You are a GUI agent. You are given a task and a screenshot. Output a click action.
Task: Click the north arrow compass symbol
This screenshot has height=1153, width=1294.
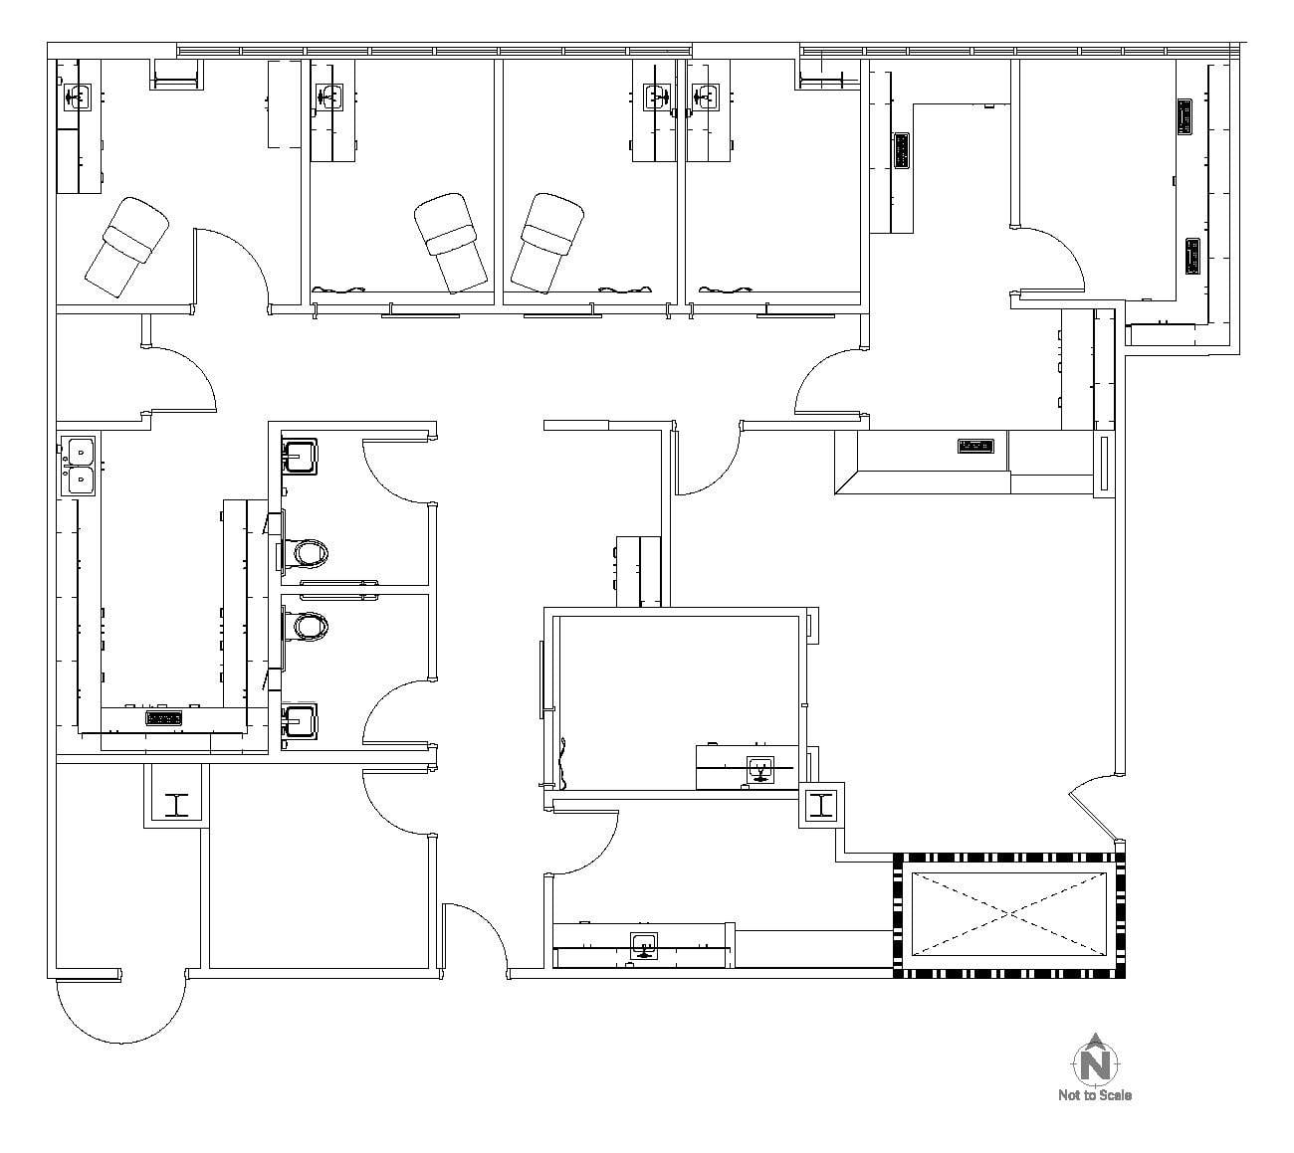(1094, 1059)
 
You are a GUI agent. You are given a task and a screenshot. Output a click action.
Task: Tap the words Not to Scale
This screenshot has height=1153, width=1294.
(1094, 1095)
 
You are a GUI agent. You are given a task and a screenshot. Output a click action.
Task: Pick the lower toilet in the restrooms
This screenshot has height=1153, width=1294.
(308, 626)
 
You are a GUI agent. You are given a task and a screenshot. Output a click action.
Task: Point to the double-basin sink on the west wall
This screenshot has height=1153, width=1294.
(78, 466)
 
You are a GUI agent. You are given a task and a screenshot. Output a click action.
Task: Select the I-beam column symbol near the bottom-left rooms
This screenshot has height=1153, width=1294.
(176, 804)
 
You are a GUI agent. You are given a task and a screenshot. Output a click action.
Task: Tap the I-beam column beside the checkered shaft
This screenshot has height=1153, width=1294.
(821, 805)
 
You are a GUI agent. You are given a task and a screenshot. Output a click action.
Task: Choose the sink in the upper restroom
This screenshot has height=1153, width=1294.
(300, 457)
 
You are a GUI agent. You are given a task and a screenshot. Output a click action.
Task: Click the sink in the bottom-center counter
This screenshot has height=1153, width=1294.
(644, 945)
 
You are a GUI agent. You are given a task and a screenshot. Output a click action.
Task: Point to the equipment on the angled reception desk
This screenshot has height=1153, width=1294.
(974, 446)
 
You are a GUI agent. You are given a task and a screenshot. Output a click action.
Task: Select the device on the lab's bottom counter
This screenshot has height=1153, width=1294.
(164, 717)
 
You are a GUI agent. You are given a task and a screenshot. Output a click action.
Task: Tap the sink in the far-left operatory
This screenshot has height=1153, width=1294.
(77, 96)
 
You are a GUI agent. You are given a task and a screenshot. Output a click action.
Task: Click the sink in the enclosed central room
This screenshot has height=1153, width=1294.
(760, 769)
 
